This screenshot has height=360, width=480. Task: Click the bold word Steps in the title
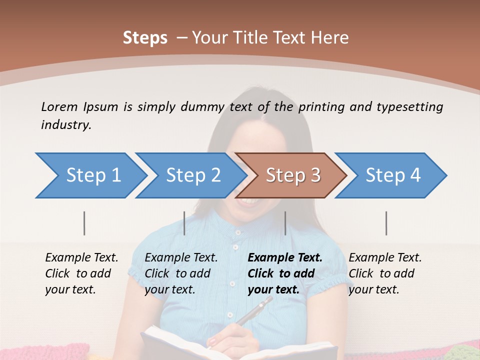tap(145, 38)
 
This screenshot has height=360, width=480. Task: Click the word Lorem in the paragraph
tap(59, 106)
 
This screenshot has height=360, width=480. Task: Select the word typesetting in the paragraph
tap(409, 106)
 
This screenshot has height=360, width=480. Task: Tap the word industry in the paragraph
tap(65, 125)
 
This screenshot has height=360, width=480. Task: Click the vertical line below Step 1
tap(84, 223)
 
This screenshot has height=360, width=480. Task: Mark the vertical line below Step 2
tap(184, 223)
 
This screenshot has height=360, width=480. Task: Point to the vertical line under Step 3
tap(285, 223)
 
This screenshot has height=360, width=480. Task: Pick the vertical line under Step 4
tap(386, 223)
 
